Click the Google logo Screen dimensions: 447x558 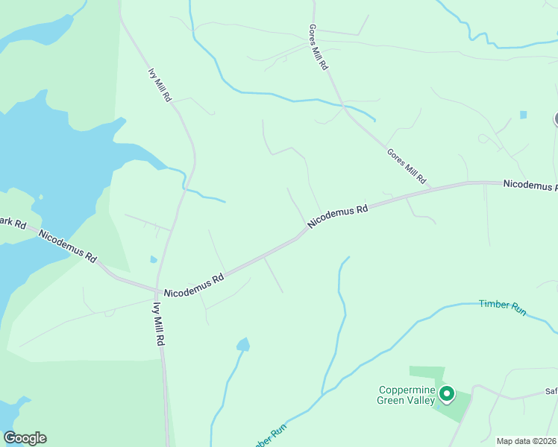coord(25,438)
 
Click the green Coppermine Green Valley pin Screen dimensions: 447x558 coord(447,393)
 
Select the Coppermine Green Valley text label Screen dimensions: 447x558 coord(407,395)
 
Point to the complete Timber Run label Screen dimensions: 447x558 coord(503,307)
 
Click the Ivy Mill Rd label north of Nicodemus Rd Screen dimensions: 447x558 coord(160,86)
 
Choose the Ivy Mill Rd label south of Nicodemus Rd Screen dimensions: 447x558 coord(159,324)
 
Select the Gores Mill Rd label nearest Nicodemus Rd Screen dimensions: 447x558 coord(407,165)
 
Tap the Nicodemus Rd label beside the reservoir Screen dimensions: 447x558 coord(68,246)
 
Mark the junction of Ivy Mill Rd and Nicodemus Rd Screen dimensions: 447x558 coord(158,291)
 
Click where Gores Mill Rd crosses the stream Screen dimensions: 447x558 coord(344,106)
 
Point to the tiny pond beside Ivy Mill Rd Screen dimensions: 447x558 coord(154,259)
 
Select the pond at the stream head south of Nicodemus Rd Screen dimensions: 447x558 coord(243,344)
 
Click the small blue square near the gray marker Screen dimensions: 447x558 coord(523,115)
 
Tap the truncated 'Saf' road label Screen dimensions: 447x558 coord(550,392)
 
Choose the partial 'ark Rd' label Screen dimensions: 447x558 coord(13,222)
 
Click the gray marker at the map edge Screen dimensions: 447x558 coord(556,118)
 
